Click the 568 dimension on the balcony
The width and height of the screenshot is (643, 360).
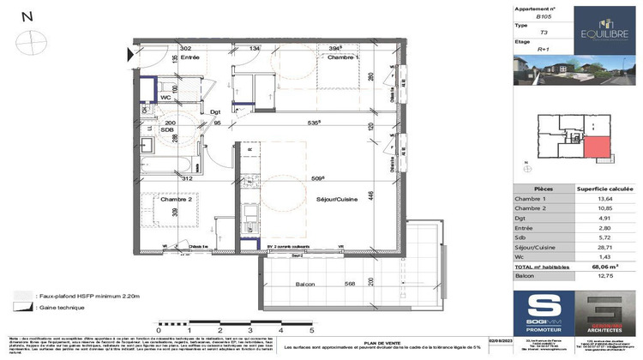[x=349, y=285]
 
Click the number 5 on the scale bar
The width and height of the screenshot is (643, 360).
[x=312, y=328]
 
